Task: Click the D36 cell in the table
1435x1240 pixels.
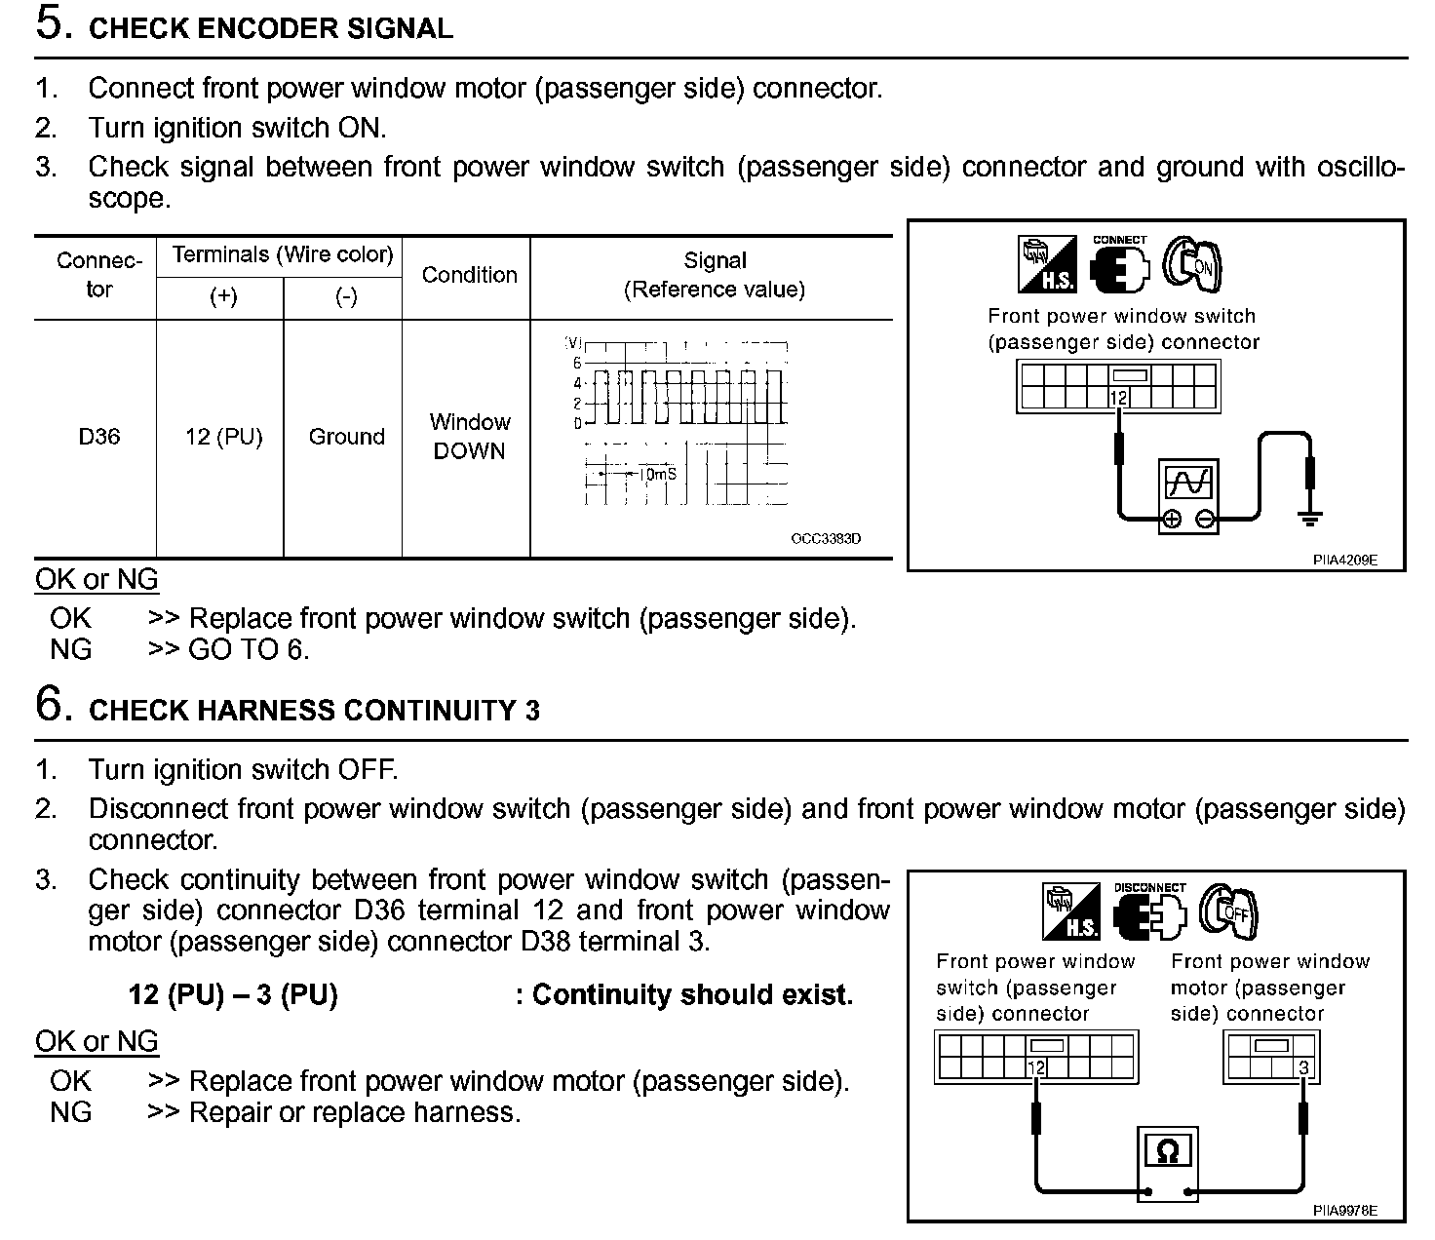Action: (99, 437)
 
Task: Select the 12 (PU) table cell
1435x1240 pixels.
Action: (223, 437)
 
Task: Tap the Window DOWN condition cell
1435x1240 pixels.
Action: (469, 437)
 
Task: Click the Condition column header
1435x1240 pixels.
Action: (469, 275)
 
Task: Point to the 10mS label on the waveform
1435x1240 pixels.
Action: (657, 474)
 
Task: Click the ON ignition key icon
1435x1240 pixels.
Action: (1195, 263)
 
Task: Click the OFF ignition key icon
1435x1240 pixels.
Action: (1229, 911)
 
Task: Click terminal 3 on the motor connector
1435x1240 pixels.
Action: (1303, 1068)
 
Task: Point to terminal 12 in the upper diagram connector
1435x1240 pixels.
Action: (1118, 398)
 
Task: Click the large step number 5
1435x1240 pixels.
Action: (54, 23)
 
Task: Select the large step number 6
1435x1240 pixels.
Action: (54, 704)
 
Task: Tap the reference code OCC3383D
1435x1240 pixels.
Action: (826, 539)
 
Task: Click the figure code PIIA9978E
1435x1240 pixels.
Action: (1344, 1210)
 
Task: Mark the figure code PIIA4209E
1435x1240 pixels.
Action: (1344, 560)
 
